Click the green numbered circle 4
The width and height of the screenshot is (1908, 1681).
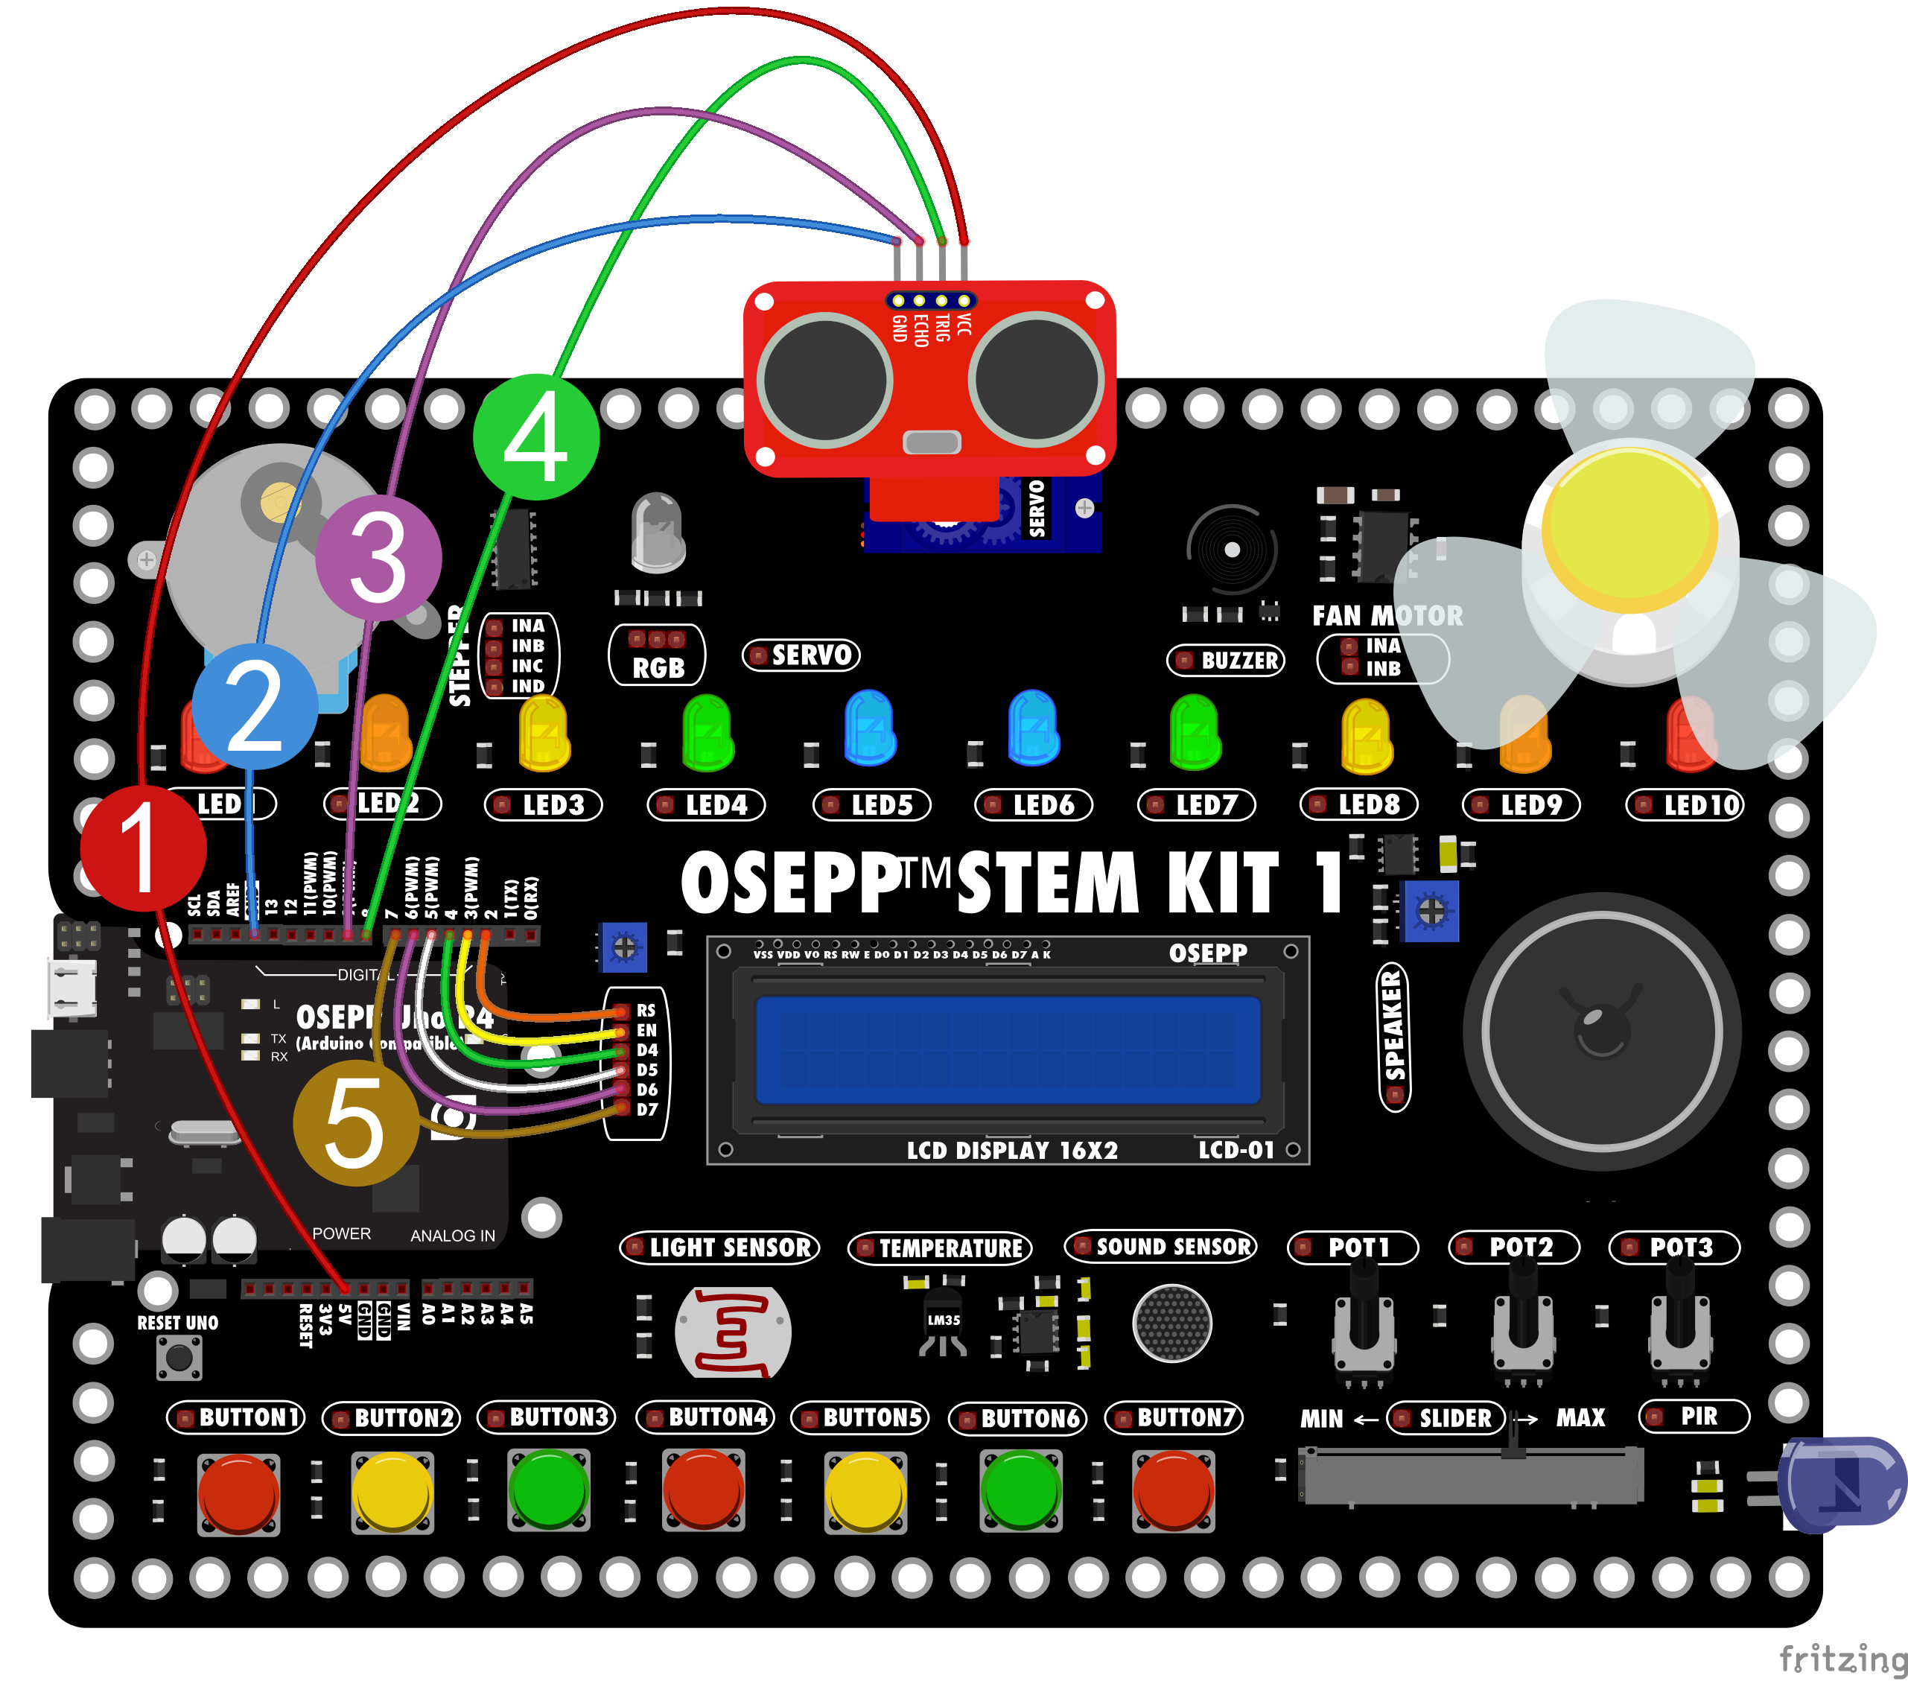(x=535, y=436)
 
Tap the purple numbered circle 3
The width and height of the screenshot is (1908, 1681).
(x=378, y=558)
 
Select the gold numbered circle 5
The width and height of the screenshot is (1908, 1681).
(x=356, y=1123)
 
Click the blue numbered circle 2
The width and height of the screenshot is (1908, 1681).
(x=255, y=707)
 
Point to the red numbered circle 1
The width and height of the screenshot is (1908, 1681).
(x=143, y=848)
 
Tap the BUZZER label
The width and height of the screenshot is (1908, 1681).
(x=1227, y=661)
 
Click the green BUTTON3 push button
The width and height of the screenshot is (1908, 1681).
(x=549, y=1490)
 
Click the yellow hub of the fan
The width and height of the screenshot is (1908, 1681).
(x=1629, y=530)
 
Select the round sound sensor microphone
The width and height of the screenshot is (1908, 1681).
(x=1171, y=1323)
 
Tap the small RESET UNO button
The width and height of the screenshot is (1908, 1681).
(x=179, y=1357)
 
